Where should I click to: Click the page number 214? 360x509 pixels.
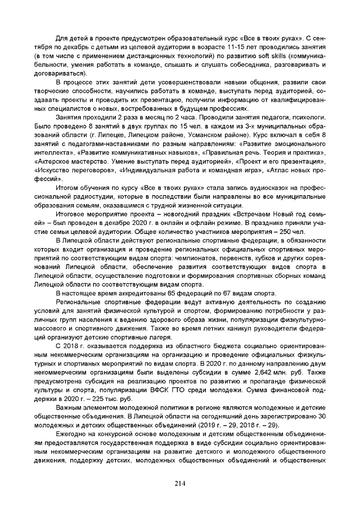(180, 484)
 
